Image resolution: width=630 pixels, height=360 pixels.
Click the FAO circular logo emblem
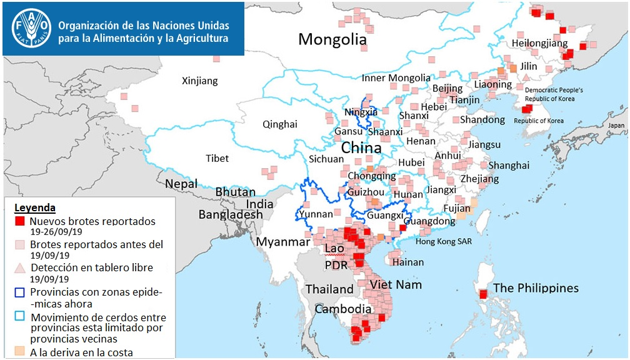(x=29, y=28)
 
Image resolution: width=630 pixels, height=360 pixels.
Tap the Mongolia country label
(x=332, y=40)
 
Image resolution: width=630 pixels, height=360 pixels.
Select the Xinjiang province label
(x=199, y=81)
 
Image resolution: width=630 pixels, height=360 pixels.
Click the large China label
(x=361, y=149)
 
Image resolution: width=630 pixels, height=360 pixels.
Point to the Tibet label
(x=217, y=158)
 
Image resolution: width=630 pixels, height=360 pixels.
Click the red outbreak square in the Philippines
(x=483, y=294)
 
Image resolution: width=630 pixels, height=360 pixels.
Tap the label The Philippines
(x=536, y=288)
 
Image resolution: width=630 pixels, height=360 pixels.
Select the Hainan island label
(x=408, y=262)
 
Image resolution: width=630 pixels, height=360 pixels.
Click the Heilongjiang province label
(x=539, y=43)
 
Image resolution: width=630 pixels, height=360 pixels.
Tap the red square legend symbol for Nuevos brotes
(x=20, y=221)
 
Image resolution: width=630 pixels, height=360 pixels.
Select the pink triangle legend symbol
(x=20, y=267)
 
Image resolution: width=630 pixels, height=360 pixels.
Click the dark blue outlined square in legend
(x=20, y=292)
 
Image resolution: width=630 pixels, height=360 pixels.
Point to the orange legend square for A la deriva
(x=20, y=352)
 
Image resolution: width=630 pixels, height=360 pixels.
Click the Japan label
(x=616, y=125)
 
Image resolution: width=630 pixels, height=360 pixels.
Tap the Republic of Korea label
(x=539, y=121)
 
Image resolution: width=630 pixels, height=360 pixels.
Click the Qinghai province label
(x=279, y=124)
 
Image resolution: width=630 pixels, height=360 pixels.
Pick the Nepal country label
(x=181, y=184)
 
